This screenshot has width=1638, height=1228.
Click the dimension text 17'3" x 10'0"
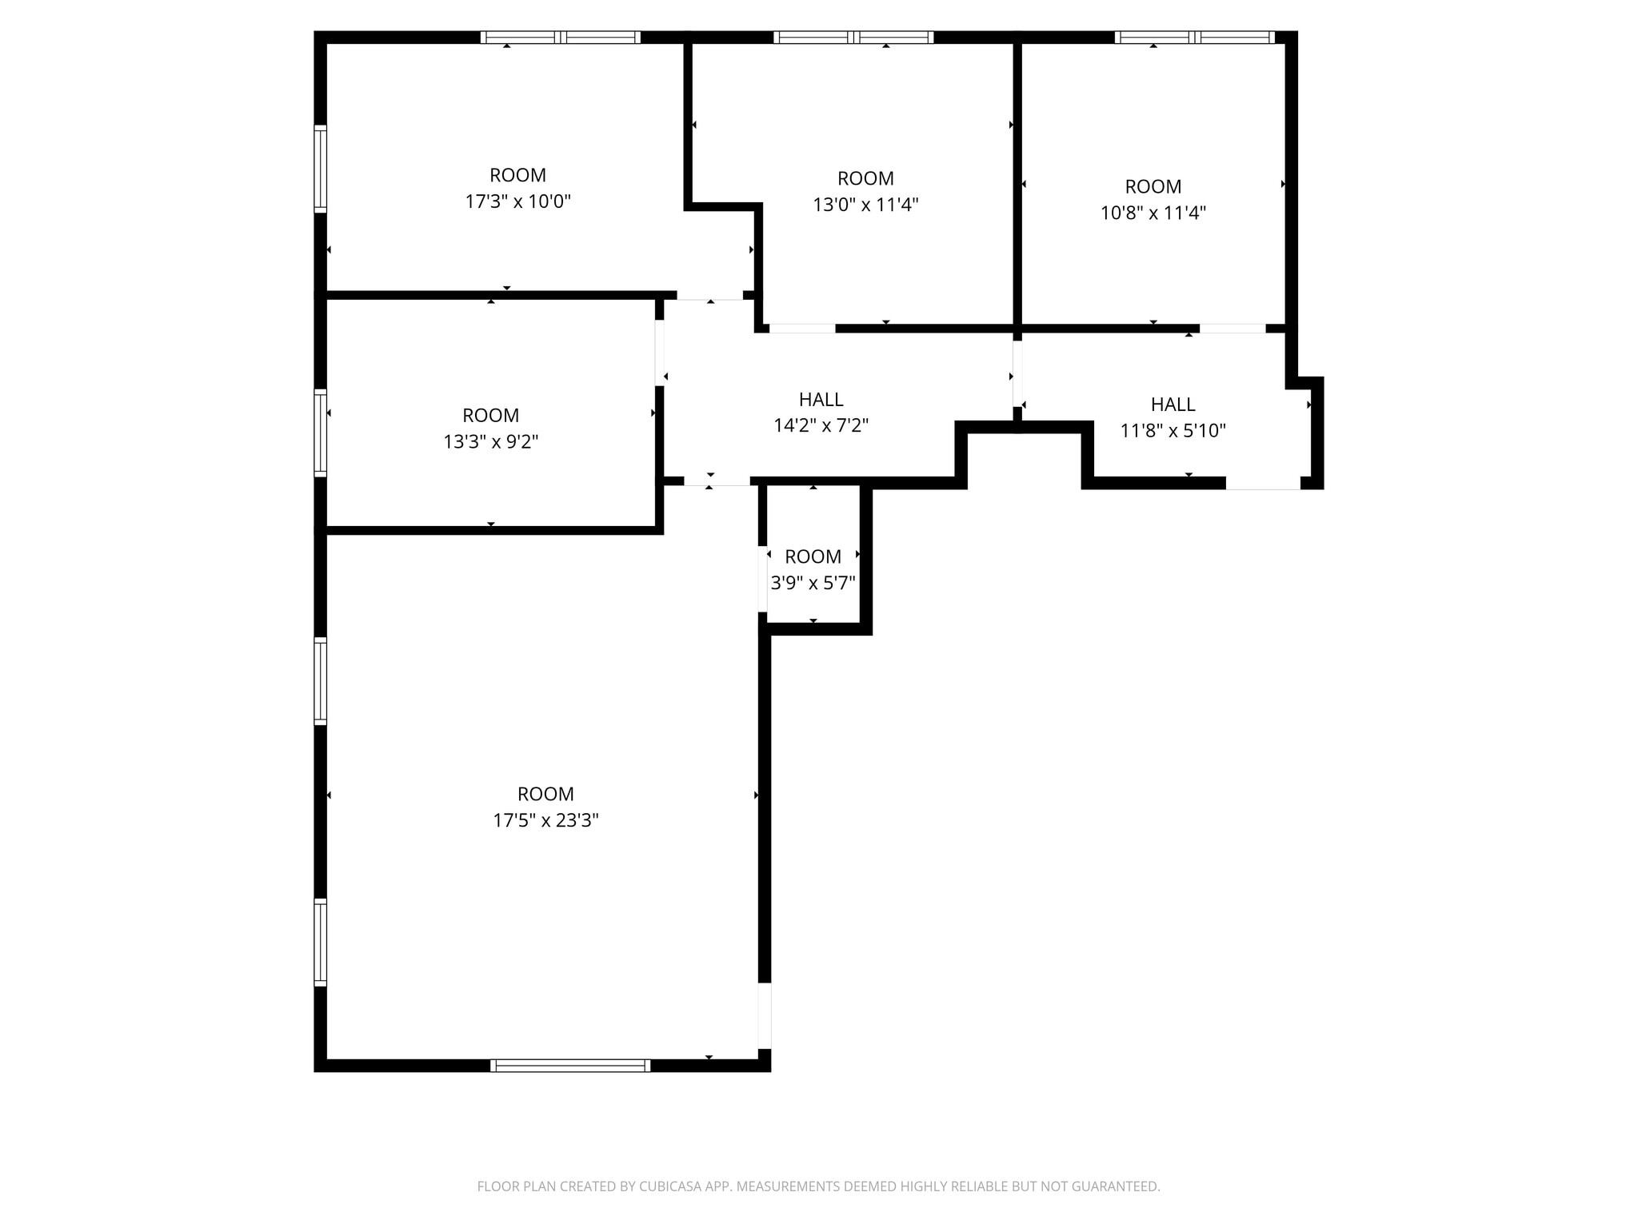click(x=517, y=201)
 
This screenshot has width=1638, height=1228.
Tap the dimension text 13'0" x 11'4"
click(x=865, y=205)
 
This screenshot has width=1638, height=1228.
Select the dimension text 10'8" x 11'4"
click(x=1153, y=213)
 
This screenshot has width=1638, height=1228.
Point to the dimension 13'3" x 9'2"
click(x=490, y=441)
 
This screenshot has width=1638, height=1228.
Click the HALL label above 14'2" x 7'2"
click(x=821, y=399)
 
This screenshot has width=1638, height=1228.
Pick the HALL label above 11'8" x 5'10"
click(x=1173, y=404)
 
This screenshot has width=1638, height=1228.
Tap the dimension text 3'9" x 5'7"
click(x=813, y=583)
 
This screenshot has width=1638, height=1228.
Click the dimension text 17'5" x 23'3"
click(x=545, y=820)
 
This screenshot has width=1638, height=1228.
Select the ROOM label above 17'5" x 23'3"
click(x=545, y=794)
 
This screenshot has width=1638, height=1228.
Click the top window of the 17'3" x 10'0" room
click(x=560, y=37)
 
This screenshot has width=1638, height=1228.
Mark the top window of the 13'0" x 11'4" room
click(x=853, y=37)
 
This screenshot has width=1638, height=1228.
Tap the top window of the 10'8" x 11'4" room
click(x=1194, y=37)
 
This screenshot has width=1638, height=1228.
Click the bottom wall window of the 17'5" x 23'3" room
click(x=570, y=1065)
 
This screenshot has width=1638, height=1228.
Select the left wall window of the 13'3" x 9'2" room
click(x=320, y=433)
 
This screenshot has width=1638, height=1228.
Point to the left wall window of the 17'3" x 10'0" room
click(x=320, y=169)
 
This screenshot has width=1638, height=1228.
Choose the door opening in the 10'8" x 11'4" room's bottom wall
click(x=1232, y=328)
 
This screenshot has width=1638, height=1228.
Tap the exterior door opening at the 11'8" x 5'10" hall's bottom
click(x=1263, y=483)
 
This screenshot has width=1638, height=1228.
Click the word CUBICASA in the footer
click(x=669, y=1186)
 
